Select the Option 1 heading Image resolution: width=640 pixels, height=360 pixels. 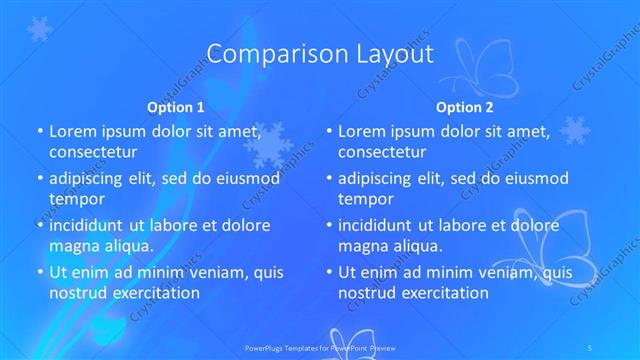[x=176, y=106]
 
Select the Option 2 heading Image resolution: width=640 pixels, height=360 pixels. [x=465, y=106]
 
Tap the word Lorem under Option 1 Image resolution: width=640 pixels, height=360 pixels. [x=72, y=131]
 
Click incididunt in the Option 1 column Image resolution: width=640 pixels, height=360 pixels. [x=91, y=225]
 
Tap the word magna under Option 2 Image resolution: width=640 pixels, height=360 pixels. [x=362, y=245]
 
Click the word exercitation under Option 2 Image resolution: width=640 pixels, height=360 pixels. [x=442, y=292]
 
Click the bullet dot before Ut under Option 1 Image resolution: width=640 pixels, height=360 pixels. [x=39, y=272]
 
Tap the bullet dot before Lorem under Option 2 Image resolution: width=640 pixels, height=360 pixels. [x=329, y=131]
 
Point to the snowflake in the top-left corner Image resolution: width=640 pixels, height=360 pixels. [x=40, y=29]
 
